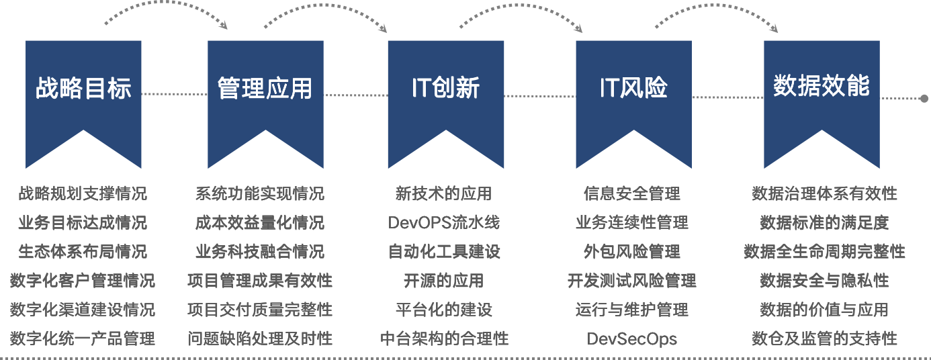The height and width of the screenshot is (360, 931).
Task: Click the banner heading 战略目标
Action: click(83, 88)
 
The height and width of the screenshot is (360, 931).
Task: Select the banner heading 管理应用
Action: click(265, 88)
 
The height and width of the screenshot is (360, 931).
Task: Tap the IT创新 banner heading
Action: click(445, 88)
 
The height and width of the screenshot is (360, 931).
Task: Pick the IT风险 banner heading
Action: click(633, 88)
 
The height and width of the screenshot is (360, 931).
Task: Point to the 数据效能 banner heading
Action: click(822, 86)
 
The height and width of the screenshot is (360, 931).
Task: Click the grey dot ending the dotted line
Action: click(924, 98)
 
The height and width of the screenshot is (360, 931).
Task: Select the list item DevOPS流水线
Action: click(443, 222)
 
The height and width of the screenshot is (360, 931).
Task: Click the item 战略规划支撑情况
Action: click(83, 194)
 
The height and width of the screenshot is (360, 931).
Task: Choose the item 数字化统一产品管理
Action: click(83, 339)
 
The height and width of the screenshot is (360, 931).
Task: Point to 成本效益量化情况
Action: click(260, 222)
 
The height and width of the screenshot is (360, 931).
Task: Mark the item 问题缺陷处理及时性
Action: click(260, 339)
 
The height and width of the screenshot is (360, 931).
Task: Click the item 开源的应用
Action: click(443, 280)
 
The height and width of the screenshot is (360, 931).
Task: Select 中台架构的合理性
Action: click(444, 339)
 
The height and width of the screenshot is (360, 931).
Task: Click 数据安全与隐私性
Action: click(824, 280)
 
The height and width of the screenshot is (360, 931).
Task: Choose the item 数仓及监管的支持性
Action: click(824, 339)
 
